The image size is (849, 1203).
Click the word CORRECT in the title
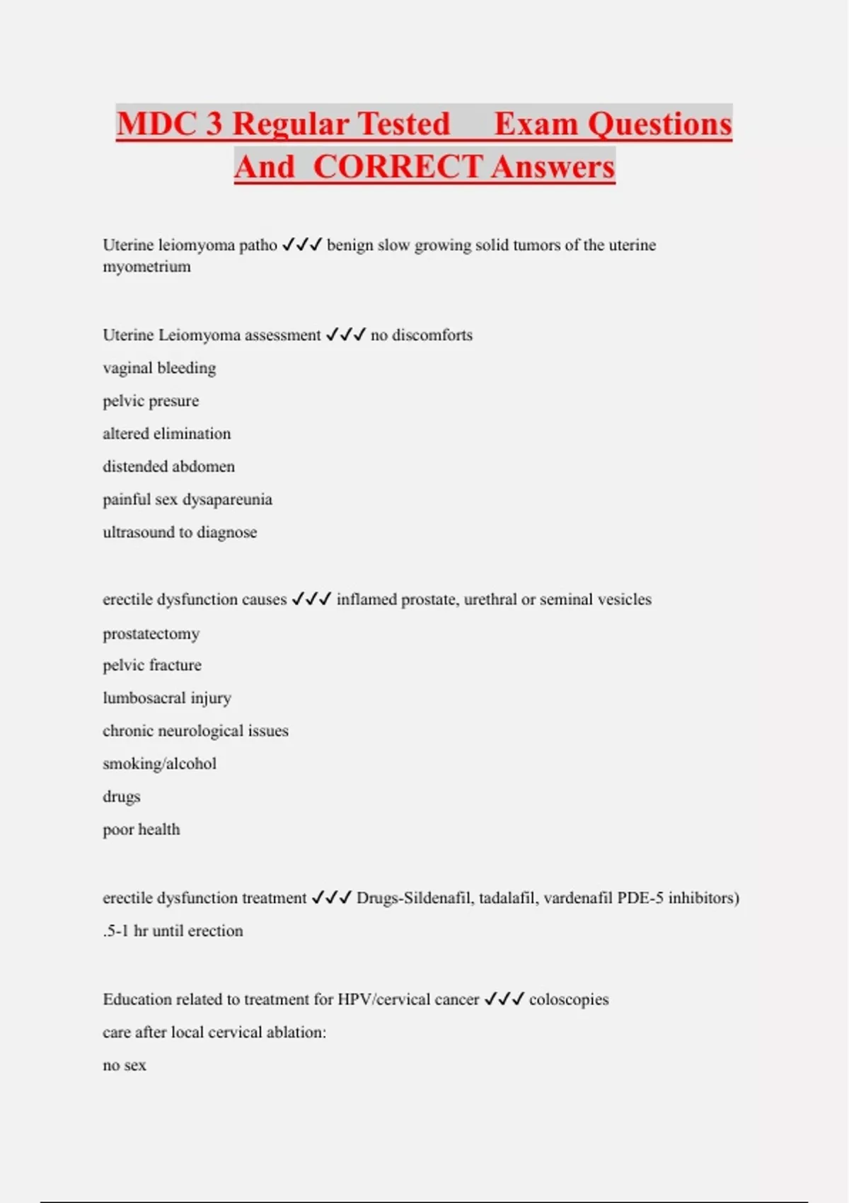[397, 167]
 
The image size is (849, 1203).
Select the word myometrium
[146, 267]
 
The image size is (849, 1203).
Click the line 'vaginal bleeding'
[159, 368]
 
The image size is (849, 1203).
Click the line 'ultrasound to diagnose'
[180, 532]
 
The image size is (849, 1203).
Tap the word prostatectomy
[151, 633]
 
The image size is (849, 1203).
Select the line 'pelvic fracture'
[152, 665]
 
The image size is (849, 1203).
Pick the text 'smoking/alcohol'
[159, 764]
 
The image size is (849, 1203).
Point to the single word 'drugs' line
[122, 797]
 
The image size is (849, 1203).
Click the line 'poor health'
[141, 829]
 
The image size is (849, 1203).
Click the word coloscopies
[569, 999]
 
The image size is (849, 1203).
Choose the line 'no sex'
[125, 1065]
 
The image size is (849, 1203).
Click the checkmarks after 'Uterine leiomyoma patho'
[302, 245]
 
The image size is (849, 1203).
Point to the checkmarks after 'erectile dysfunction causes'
[311, 599]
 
